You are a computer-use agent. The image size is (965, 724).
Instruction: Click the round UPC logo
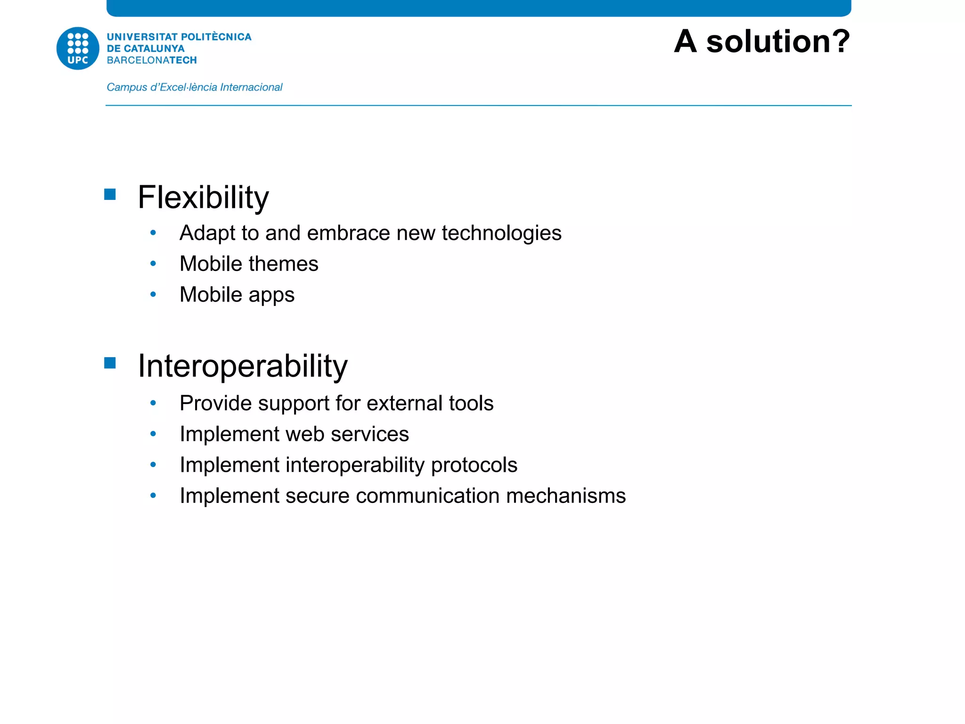pyautogui.click(x=78, y=49)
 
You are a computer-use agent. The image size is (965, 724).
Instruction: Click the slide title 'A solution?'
pyautogui.click(x=761, y=41)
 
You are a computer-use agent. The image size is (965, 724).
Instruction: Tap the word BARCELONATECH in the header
pyautogui.click(x=152, y=60)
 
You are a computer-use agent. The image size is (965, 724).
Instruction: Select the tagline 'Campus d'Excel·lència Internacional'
pyautogui.click(x=194, y=87)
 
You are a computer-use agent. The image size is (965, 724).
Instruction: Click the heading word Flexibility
pyautogui.click(x=203, y=197)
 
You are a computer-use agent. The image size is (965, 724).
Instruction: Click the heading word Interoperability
pyautogui.click(x=242, y=366)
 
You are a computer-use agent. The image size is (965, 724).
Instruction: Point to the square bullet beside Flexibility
pyautogui.click(x=110, y=195)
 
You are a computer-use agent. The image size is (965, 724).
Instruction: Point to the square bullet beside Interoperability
pyautogui.click(x=110, y=363)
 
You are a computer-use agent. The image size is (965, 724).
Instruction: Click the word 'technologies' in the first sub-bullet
pyautogui.click(x=501, y=233)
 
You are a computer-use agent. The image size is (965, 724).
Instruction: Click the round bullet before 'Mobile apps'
pyautogui.click(x=153, y=295)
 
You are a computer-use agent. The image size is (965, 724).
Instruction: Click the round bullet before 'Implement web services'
pyautogui.click(x=153, y=434)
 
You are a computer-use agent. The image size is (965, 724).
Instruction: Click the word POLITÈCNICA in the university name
pyautogui.click(x=216, y=37)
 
